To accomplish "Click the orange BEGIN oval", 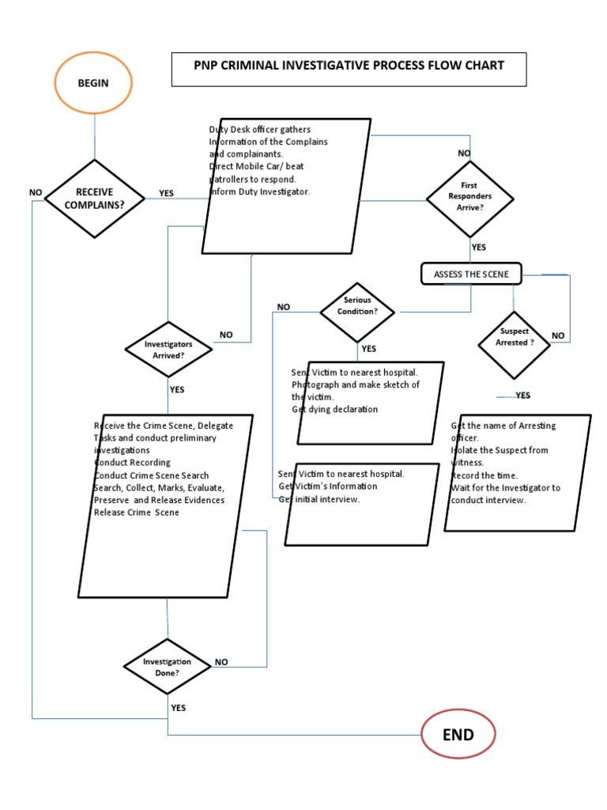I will tap(93, 82).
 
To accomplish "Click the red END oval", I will tap(458, 735).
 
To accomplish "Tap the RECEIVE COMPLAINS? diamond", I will tap(95, 198).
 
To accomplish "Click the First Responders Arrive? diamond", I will tap(469, 198).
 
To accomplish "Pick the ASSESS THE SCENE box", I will tap(470, 274).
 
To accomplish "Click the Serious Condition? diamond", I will tap(357, 311).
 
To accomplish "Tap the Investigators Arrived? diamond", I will tap(169, 350).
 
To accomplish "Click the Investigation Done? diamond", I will tap(168, 666).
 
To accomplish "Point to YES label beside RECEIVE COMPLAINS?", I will tap(166, 193).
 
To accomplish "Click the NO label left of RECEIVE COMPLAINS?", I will tap(35, 192).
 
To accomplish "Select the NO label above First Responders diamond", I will tap(464, 153).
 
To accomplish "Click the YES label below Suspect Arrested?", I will tap(523, 396).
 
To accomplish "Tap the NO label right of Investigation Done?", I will tap(221, 662).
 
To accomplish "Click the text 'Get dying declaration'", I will tap(334, 409).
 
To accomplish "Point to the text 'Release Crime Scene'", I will tap(136, 513).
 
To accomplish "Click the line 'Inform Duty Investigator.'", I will tap(259, 191).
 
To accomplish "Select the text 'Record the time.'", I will tap(484, 475).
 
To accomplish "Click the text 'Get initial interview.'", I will tap(319, 499).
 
